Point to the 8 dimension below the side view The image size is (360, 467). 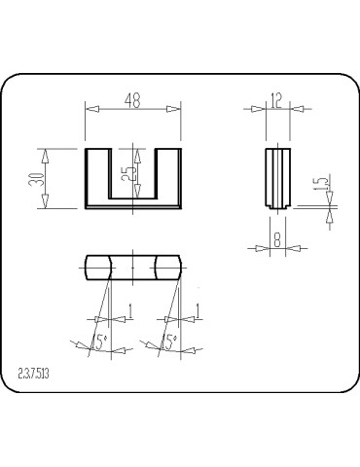[x=277, y=237]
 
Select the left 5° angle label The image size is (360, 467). [x=97, y=341]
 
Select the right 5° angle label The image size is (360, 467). [x=168, y=341]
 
